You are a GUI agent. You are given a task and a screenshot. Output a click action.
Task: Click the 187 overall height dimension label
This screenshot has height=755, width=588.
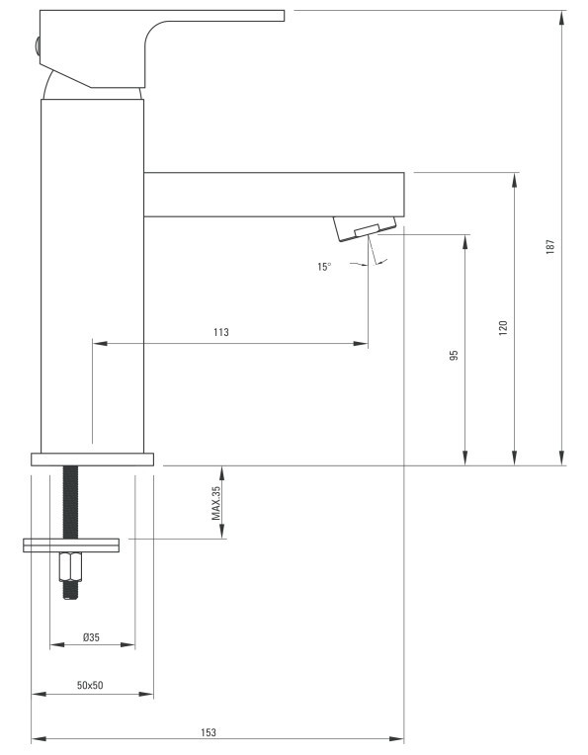tap(550, 246)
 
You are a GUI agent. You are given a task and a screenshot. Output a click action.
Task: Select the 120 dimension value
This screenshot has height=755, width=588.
tap(503, 327)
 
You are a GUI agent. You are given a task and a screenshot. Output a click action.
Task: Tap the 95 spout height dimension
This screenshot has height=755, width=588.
tap(454, 356)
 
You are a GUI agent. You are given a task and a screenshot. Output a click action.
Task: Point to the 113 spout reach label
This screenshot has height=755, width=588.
tap(221, 332)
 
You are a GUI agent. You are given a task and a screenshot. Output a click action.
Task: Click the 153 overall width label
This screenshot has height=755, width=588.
tap(209, 732)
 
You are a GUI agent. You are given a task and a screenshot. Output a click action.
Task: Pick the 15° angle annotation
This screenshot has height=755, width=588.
tap(324, 267)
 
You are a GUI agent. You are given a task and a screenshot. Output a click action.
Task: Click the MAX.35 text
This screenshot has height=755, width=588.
tap(215, 503)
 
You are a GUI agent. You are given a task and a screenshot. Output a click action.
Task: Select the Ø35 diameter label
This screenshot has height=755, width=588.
tap(91, 637)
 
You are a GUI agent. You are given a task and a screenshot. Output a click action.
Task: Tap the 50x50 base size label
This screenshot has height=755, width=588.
tap(90, 685)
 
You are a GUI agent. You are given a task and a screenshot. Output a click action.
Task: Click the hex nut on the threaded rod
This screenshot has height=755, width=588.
tap(70, 566)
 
